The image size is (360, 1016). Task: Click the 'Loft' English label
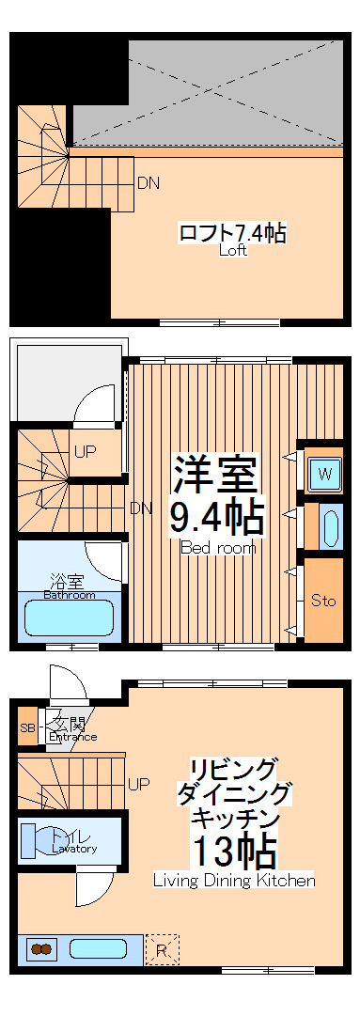coord(233,251)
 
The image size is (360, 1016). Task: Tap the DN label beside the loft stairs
coord(148,183)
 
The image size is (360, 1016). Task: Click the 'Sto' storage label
coord(323,601)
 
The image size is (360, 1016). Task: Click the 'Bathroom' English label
coord(69,595)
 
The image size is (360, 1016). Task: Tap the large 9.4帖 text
coord(215,516)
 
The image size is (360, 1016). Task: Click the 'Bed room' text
coord(217,548)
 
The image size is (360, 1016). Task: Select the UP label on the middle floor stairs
coord(86,451)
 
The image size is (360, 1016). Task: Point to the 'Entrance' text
coord(72,736)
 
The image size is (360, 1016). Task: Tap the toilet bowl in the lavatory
coord(34,839)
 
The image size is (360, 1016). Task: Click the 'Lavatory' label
coord(74,849)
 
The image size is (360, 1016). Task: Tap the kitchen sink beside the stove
coord(99,949)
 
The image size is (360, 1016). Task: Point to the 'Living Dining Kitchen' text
coord(234,881)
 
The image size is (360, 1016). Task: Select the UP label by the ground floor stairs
coord(138,783)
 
